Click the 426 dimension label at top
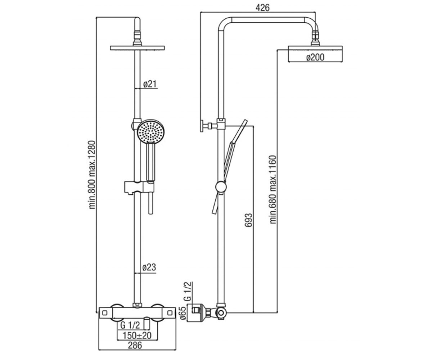[262, 8]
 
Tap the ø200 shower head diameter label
[315, 57]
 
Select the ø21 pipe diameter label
[150, 84]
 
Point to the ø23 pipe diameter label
[149, 267]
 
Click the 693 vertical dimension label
[249, 220]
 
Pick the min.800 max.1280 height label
[92, 175]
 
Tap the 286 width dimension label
[135, 345]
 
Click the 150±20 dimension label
[137, 336]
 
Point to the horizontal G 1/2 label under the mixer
[130, 325]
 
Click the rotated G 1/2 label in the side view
[188, 292]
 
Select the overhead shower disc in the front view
[138, 48]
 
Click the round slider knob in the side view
[221, 187]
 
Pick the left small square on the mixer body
[105, 313]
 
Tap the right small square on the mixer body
[170, 313]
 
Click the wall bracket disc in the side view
[202, 126]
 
